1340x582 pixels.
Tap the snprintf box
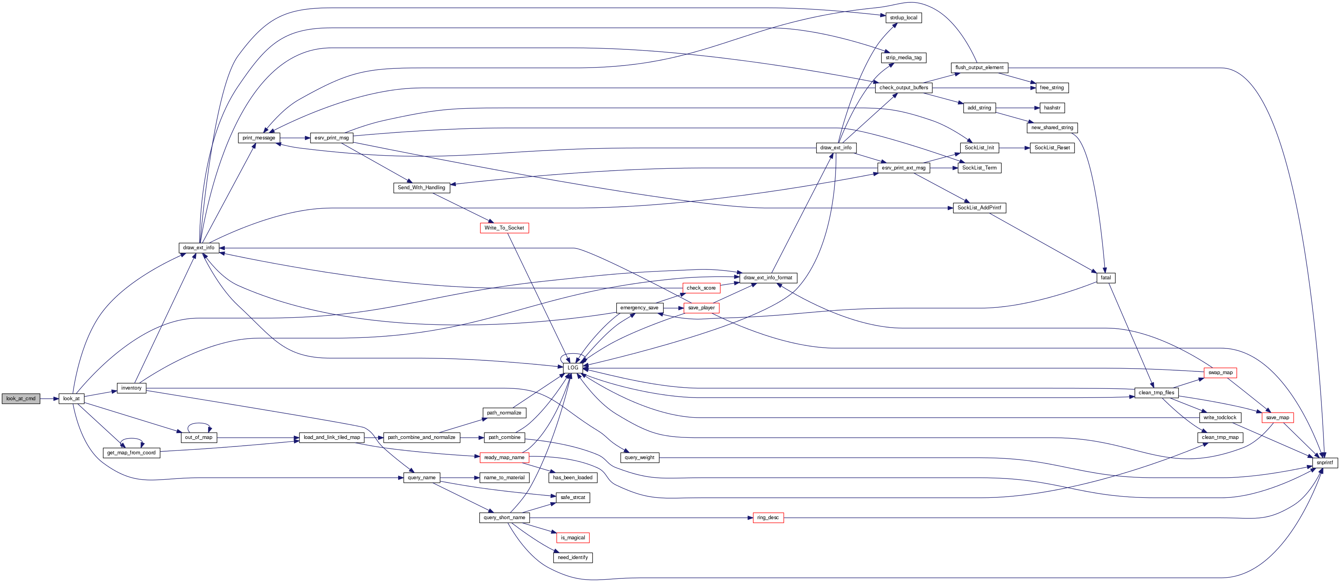tap(1324, 462)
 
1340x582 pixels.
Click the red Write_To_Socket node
tap(504, 228)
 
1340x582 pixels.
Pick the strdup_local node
tap(903, 18)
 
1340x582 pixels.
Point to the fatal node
tap(1105, 278)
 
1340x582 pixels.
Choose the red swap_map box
tap(1220, 373)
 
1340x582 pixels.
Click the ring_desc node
tap(768, 518)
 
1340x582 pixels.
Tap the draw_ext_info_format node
tap(768, 278)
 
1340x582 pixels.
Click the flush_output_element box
tap(979, 68)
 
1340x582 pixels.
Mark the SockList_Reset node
tap(1052, 148)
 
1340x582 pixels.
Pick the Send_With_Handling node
tap(422, 188)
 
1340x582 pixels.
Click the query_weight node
tap(639, 458)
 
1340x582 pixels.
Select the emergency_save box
tap(639, 308)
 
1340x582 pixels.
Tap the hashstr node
tap(1052, 107)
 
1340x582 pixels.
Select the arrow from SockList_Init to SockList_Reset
tap(1014, 148)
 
